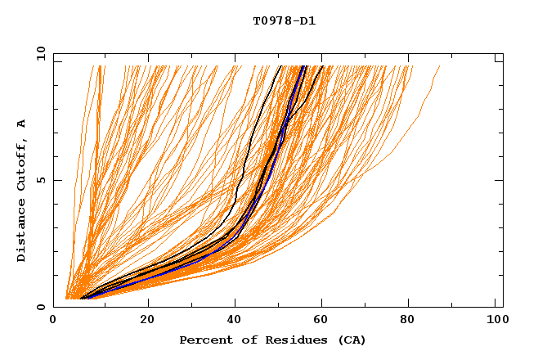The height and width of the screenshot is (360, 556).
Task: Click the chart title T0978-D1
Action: (284, 21)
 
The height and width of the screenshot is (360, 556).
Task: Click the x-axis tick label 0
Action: (53, 320)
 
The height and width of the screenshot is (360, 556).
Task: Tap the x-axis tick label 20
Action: (147, 320)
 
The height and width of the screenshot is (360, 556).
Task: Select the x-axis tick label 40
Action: (236, 320)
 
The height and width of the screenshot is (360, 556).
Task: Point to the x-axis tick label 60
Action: (325, 320)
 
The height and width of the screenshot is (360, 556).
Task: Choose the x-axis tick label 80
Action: (414, 320)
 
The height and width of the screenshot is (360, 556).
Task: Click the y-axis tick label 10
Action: (40, 53)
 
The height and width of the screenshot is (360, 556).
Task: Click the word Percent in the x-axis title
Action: (203, 340)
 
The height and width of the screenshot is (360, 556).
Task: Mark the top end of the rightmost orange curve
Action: (440, 65)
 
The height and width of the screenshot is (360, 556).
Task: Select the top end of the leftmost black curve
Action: (280, 65)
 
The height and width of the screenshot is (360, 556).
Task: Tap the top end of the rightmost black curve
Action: (323, 65)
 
